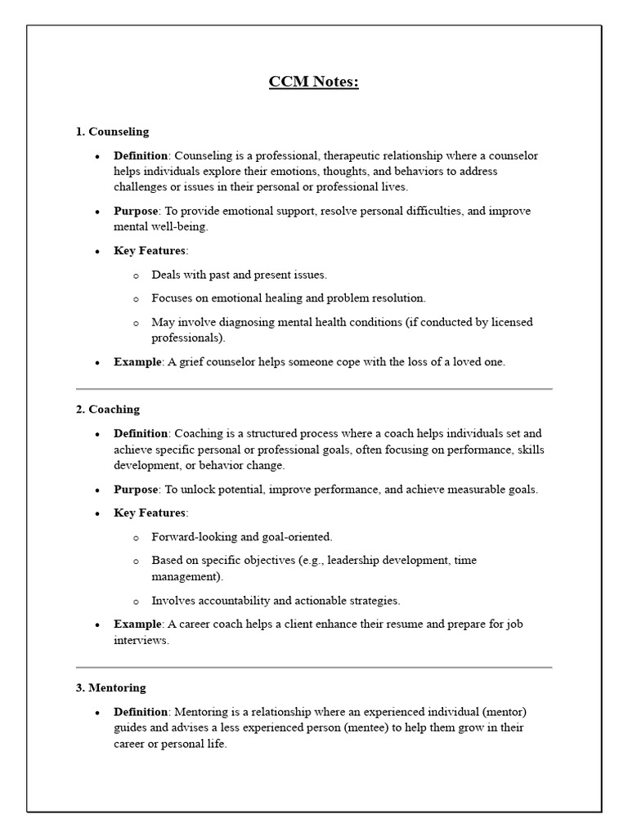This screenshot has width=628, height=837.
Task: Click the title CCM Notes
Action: [x=314, y=82]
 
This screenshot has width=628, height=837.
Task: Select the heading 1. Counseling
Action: [x=112, y=131]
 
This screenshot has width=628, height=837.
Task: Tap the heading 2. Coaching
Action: [x=108, y=409]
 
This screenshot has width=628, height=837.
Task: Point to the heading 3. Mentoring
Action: [x=111, y=687]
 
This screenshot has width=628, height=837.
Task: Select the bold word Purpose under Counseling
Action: [x=136, y=211]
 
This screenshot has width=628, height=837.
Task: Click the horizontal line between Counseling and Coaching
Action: [x=314, y=389]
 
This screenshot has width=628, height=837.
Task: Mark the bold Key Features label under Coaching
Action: [x=150, y=512]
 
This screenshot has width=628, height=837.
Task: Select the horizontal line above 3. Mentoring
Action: [x=314, y=667]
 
